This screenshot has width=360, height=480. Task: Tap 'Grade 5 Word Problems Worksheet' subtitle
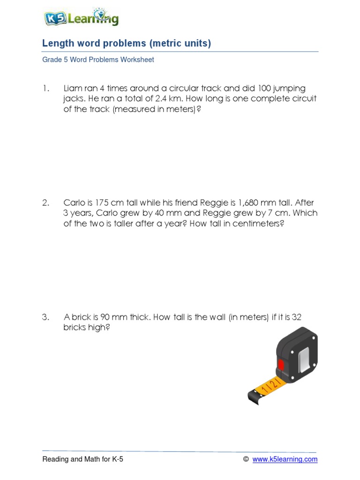pyautogui.click(x=98, y=60)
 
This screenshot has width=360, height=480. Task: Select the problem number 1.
pyautogui.click(x=45, y=89)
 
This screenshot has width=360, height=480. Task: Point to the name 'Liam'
pyautogui.click(x=73, y=89)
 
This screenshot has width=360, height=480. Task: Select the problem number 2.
pyautogui.click(x=45, y=203)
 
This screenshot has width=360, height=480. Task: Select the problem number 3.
pyautogui.click(x=45, y=317)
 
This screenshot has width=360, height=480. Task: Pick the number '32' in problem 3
pyautogui.click(x=296, y=317)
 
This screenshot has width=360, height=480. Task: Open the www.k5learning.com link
pyautogui.click(x=285, y=459)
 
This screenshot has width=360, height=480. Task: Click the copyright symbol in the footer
pyautogui.click(x=246, y=459)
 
